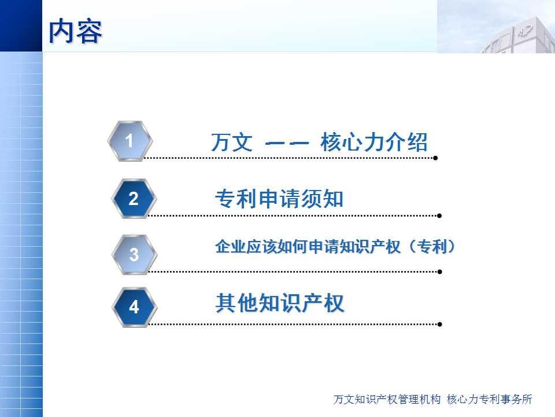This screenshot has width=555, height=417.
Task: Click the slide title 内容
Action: coord(75,31)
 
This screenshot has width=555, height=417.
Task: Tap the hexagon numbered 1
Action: coord(130,141)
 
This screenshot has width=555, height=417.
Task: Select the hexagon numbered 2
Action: coord(134,199)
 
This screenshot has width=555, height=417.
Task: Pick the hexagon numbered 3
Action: coord(134,254)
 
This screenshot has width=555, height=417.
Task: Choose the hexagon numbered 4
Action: coord(134,307)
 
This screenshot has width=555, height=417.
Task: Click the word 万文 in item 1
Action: coord(232,142)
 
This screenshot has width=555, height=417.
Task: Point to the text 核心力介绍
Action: coord(374,142)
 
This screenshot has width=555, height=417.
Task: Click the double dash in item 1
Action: coord(287,143)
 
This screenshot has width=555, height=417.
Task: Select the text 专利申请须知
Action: coord(279,199)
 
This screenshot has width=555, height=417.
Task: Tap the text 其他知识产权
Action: coord(280,303)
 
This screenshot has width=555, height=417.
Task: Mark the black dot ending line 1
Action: coord(435,158)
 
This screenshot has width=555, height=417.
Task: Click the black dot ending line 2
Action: coord(439,215)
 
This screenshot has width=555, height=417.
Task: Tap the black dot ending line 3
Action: coord(439,272)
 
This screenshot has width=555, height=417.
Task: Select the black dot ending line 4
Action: coord(439,324)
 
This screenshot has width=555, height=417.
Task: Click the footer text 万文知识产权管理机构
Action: coord(387,399)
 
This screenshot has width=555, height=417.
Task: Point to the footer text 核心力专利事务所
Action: coord(490,399)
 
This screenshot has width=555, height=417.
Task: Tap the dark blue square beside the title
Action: coord(21,26)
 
